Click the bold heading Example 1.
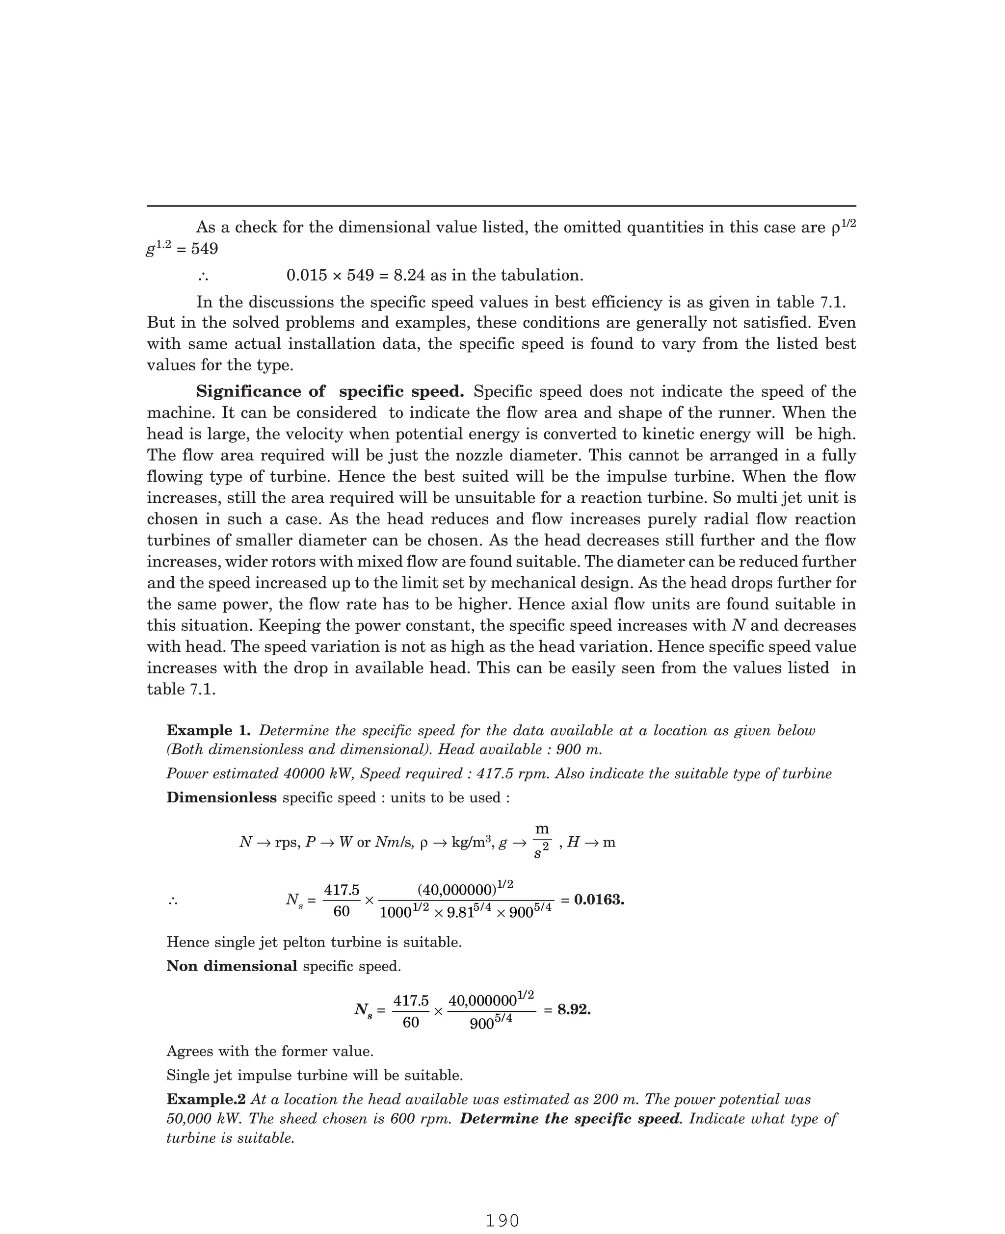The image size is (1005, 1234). (209, 730)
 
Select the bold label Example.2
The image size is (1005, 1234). (206, 1099)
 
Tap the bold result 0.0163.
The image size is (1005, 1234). (599, 900)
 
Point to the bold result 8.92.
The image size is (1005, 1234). (574, 1009)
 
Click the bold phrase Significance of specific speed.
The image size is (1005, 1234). (330, 392)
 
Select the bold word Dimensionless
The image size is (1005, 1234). (222, 798)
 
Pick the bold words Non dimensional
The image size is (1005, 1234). (232, 966)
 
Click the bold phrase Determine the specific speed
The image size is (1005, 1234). (570, 1118)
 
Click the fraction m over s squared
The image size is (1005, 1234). (541, 842)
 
